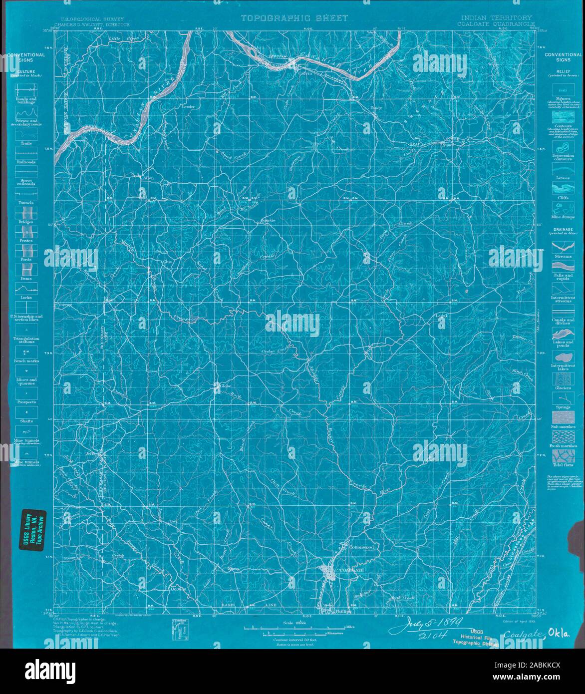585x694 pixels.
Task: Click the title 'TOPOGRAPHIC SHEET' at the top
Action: [294, 18]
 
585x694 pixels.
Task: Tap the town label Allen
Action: [149, 178]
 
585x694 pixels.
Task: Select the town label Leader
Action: [188, 107]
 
